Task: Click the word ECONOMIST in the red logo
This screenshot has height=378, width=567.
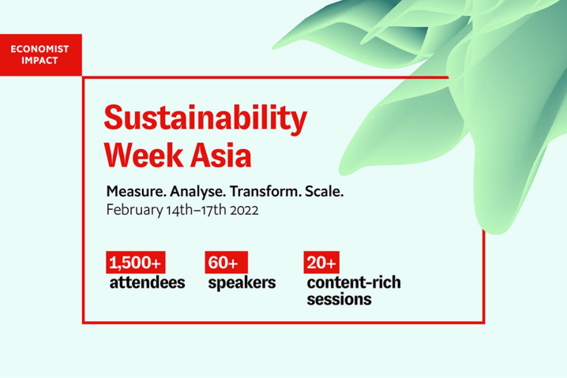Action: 39,49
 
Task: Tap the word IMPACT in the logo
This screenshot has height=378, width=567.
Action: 39,60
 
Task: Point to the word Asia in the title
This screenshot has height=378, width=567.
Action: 221,155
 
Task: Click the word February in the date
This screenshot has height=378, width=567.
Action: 134,211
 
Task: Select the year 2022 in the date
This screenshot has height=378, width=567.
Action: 245,211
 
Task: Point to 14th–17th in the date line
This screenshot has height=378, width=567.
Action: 197,211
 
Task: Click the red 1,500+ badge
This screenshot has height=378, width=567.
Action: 136,262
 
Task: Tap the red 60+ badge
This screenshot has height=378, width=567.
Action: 227,262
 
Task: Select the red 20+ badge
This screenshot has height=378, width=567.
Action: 321,262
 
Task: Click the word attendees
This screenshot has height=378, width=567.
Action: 147,283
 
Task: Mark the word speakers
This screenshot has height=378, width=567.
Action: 242,283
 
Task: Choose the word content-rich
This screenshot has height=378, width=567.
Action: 354,283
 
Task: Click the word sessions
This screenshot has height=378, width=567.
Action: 340,300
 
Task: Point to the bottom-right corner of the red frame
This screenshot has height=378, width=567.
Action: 484,323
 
